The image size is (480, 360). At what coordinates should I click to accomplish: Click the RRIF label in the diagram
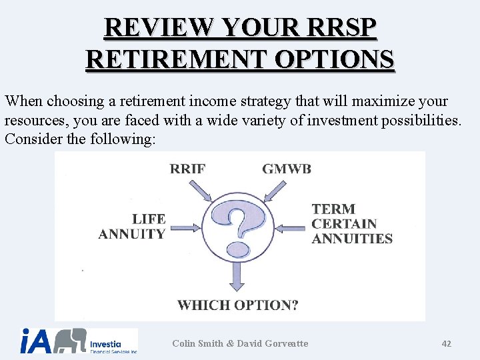(x=187, y=169)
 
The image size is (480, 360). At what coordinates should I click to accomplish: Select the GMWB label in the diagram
(x=287, y=169)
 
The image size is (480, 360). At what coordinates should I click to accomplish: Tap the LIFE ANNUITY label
(x=132, y=227)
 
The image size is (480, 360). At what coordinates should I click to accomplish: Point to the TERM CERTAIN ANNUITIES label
(x=351, y=224)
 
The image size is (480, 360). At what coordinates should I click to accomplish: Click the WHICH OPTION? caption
(x=238, y=305)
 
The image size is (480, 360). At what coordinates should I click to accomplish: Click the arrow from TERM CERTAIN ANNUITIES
(x=291, y=228)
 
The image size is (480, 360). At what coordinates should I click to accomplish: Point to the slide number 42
(x=446, y=343)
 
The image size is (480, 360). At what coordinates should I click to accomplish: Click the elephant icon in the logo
(x=70, y=341)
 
